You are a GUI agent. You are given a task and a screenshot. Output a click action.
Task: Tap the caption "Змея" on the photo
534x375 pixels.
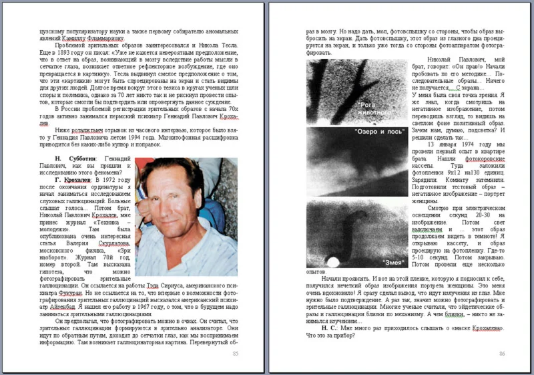pos(391,261)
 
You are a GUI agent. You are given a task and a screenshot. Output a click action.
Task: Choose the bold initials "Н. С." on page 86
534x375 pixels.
pos(328,328)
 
